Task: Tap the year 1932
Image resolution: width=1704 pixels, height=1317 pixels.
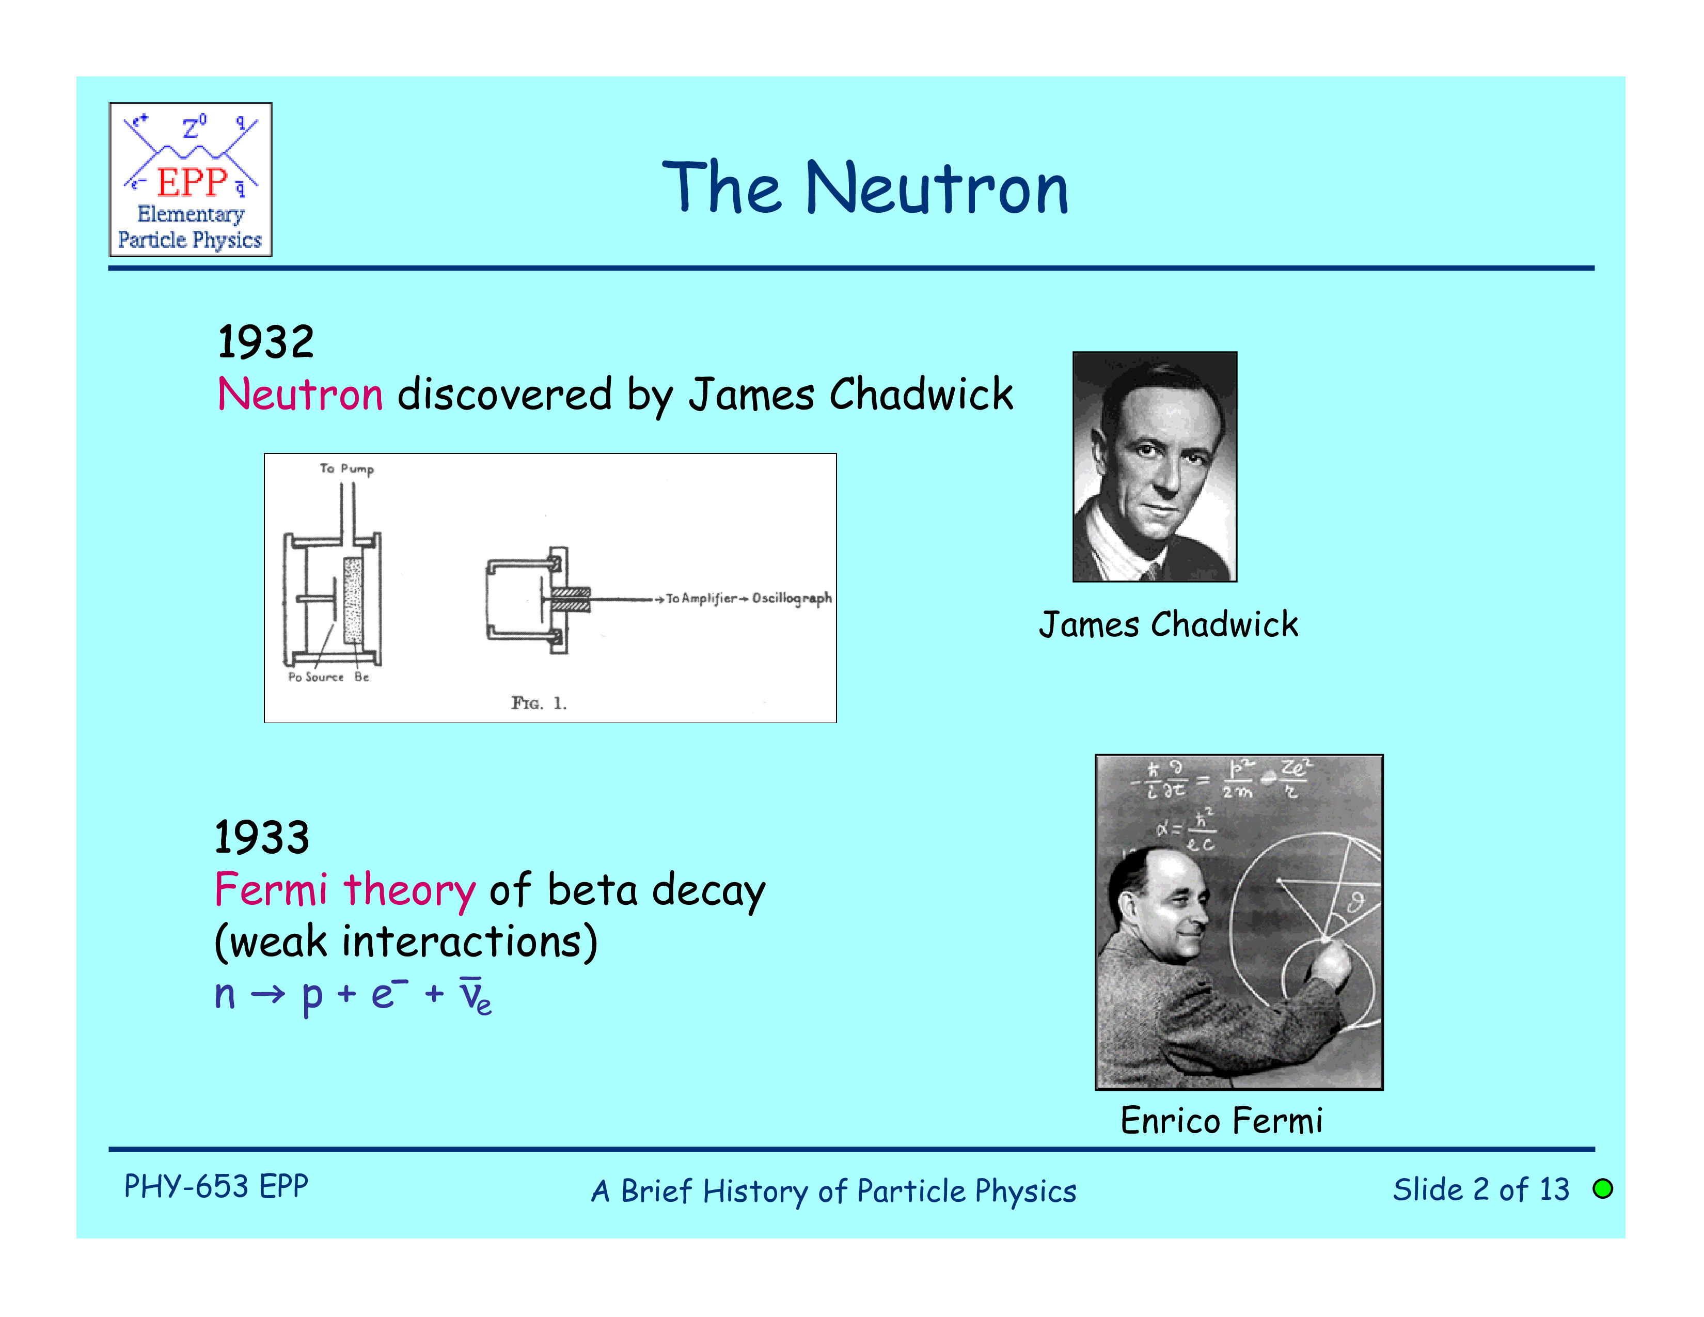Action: pyautogui.click(x=266, y=342)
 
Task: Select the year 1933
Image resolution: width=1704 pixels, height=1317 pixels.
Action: pyautogui.click(x=262, y=837)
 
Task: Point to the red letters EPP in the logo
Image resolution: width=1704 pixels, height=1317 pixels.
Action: pyautogui.click(x=192, y=182)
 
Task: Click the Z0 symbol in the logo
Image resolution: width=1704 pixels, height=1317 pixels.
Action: pyautogui.click(x=194, y=127)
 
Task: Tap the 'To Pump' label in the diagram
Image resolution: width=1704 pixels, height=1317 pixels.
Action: pyautogui.click(x=347, y=469)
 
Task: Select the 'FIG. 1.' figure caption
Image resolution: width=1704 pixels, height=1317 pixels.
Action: pyautogui.click(x=539, y=703)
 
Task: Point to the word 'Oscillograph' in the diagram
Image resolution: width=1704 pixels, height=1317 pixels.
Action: pyautogui.click(x=792, y=599)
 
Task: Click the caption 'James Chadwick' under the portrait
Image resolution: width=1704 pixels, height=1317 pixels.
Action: pyautogui.click(x=1169, y=625)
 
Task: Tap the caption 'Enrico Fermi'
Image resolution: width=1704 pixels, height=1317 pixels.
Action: pyautogui.click(x=1222, y=1120)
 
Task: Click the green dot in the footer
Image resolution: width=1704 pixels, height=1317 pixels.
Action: pyautogui.click(x=1603, y=1188)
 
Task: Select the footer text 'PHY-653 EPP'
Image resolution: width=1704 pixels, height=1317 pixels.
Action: pyautogui.click(x=216, y=1186)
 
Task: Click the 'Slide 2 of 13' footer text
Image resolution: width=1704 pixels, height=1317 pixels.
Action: pyautogui.click(x=1481, y=1189)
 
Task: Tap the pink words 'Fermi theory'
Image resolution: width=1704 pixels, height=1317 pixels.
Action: pyautogui.click(x=345, y=890)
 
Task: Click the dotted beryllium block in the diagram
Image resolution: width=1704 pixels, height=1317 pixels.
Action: pyautogui.click(x=353, y=600)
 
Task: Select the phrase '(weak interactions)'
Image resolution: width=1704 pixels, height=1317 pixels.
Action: pyautogui.click(x=406, y=942)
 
